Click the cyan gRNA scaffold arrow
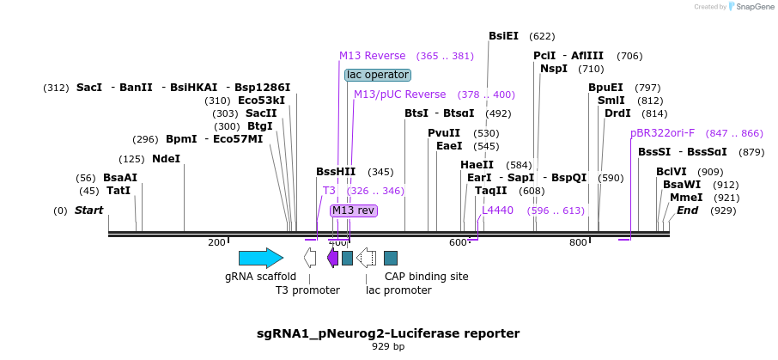pyautogui.click(x=260, y=258)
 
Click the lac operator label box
pyautogui.click(x=377, y=75)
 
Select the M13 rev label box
pyautogui.click(x=354, y=211)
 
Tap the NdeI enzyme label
pyautogui.click(x=166, y=159)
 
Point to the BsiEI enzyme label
pyautogui.click(x=503, y=36)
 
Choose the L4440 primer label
pyautogui.click(x=497, y=210)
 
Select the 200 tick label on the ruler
pyautogui.click(x=216, y=243)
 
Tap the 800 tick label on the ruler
pyautogui.click(x=578, y=243)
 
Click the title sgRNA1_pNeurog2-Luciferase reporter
pyautogui.click(x=388, y=333)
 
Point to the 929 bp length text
pyautogui.click(x=388, y=347)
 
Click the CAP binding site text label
pyautogui.click(x=426, y=277)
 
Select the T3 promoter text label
pyautogui.click(x=307, y=290)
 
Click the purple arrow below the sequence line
pyautogui.click(x=332, y=258)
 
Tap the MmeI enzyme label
pyautogui.click(x=686, y=198)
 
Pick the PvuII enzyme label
pyautogui.click(x=444, y=133)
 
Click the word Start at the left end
pyautogui.click(x=88, y=211)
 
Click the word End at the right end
pyautogui.click(x=688, y=211)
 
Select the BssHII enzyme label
pyautogui.click(x=336, y=172)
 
